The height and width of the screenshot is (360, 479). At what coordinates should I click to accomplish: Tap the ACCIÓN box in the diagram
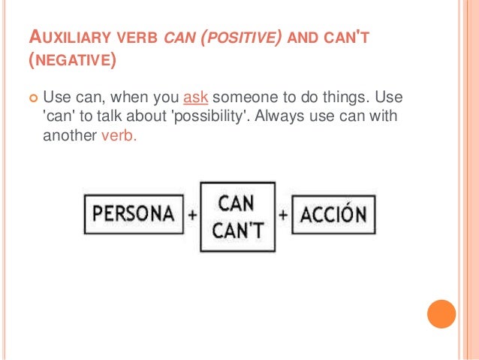click(x=333, y=215)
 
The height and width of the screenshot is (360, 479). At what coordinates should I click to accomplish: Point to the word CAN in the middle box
click(x=237, y=203)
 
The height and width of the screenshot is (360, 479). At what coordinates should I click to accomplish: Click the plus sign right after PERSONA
click(x=193, y=215)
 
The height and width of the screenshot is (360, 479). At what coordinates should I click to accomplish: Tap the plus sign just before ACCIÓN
click(x=283, y=215)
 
